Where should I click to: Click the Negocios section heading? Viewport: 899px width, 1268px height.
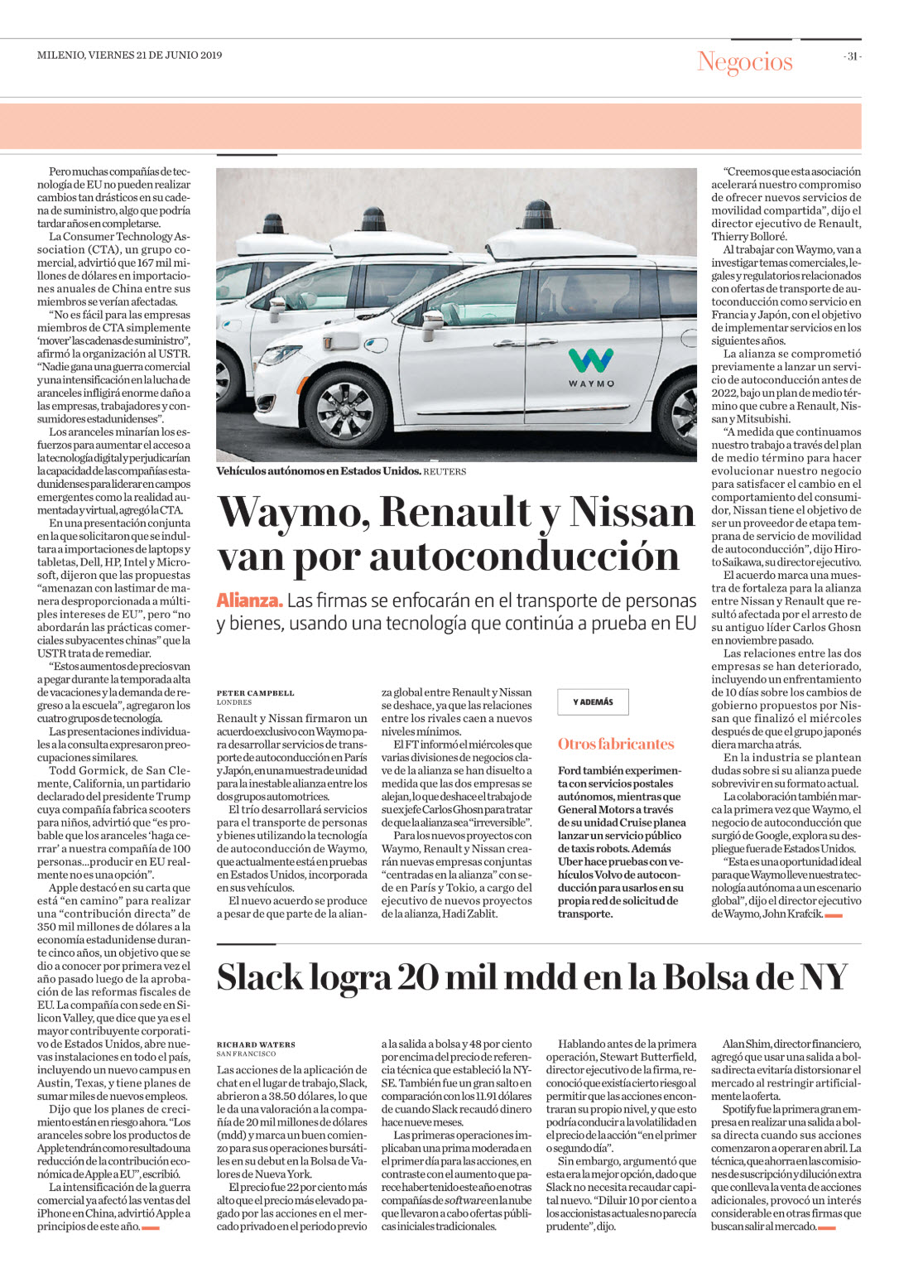tap(744, 61)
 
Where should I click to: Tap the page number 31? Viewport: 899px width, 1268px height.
tap(852, 56)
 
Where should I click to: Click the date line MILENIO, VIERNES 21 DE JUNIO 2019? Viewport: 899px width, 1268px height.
tap(130, 55)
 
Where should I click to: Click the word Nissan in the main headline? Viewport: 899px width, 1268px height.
tap(633, 512)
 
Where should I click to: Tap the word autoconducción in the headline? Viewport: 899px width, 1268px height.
tap(524, 556)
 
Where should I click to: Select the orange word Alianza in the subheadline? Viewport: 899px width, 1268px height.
tap(249, 600)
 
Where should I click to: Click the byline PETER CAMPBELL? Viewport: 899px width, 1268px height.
tap(255, 692)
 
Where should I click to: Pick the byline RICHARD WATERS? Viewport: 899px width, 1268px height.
tap(256, 1044)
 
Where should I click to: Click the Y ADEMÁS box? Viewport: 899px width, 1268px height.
tap(593, 702)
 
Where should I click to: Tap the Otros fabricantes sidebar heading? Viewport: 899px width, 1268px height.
tap(616, 744)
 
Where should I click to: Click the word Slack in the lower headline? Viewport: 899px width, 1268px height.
tap(261, 977)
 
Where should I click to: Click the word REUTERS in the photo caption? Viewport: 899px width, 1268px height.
tap(445, 471)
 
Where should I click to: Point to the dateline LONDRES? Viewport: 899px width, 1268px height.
tap(234, 702)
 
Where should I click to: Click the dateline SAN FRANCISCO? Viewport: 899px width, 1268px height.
tap(246, 1054)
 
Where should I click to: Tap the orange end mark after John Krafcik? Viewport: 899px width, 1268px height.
tap(834, 915)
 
